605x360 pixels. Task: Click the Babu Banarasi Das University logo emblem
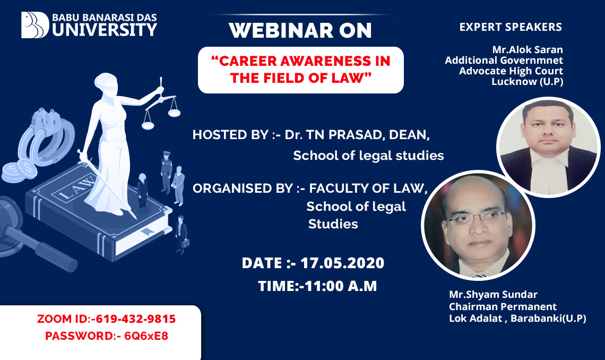(35, 25)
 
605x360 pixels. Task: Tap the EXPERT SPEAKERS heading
(511, 27)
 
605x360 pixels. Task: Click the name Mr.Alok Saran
(528, 50)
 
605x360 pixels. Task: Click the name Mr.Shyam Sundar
(493, 294)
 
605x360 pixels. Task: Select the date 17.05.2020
(342, 263)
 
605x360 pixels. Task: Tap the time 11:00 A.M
(341, 286)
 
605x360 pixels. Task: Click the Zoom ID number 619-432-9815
(135, 319)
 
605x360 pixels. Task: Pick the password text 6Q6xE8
(146, 336)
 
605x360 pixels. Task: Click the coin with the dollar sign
(27, 168)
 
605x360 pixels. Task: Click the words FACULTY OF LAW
(368, 188)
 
